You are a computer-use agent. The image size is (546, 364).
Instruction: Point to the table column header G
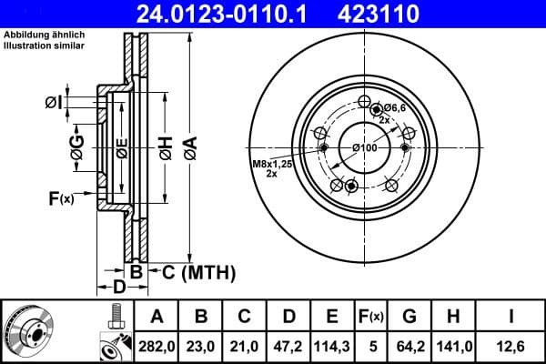click(x=409, y=317)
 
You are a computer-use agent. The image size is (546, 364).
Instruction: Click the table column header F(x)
click(x=370, y=317)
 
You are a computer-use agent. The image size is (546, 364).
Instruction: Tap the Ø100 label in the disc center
click(x=364, y=147)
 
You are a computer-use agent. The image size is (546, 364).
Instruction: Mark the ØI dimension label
click(x=53, y=104)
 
